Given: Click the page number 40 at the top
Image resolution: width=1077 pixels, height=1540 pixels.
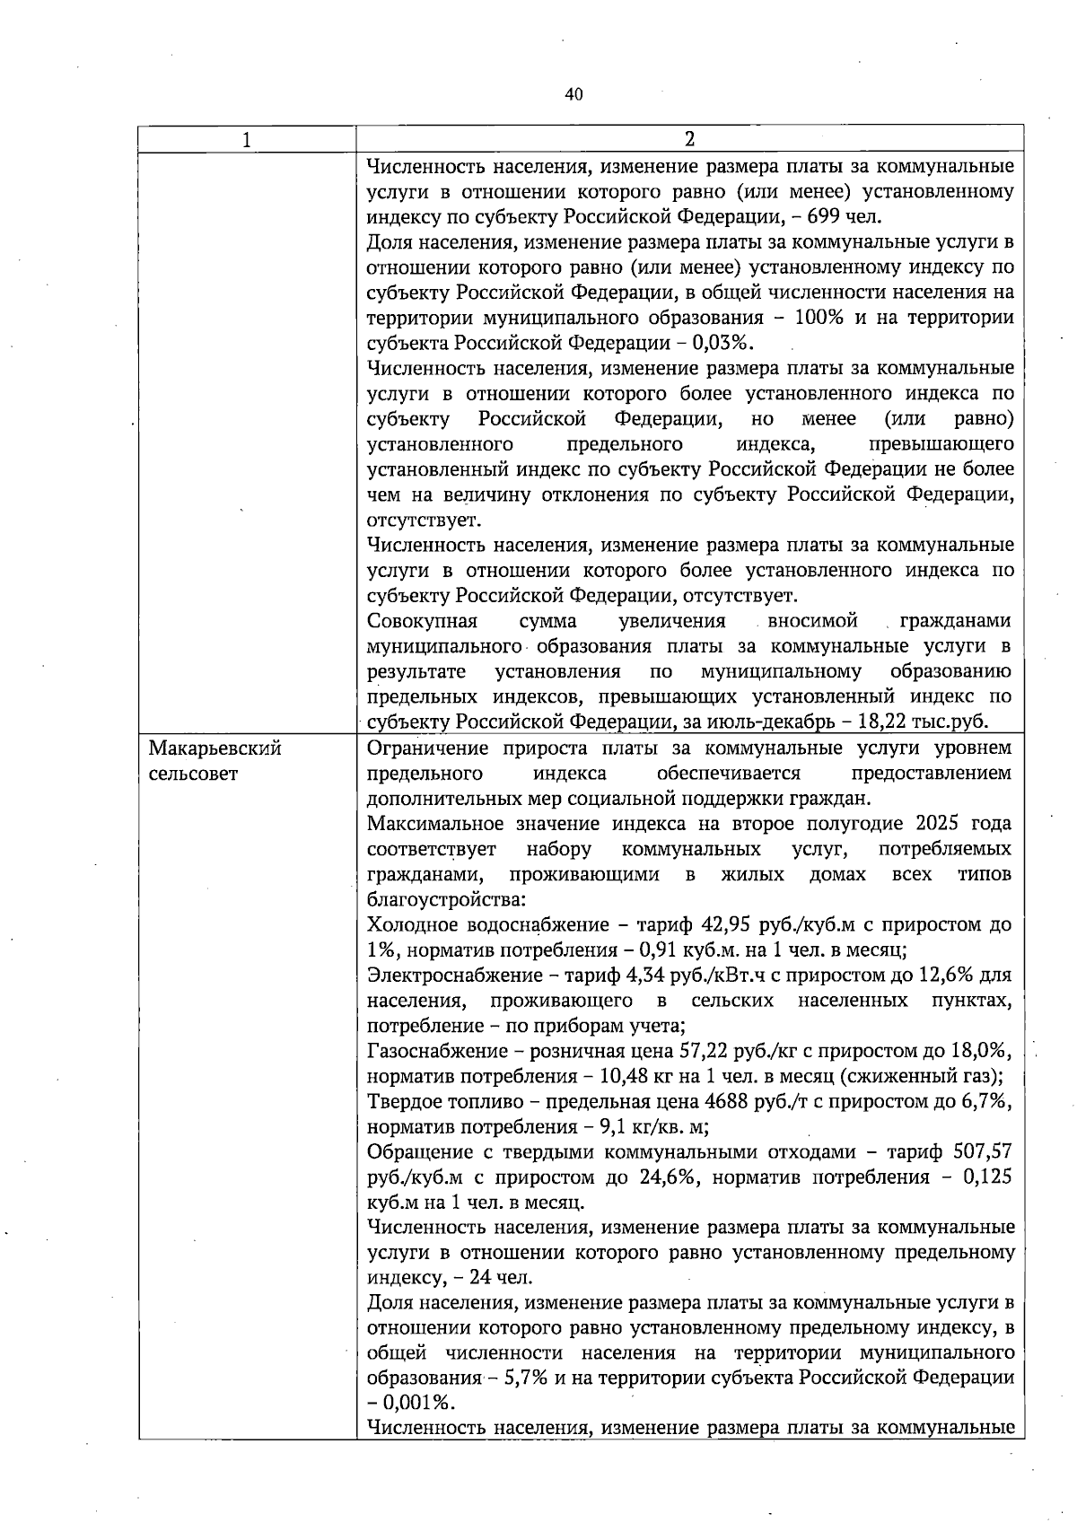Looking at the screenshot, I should coord(574,95).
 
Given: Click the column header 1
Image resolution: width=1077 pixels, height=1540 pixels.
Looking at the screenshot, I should coord(246,139).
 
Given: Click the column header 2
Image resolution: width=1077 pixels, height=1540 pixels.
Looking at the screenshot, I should coord(689,139).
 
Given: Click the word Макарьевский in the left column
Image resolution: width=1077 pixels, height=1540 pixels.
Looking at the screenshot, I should coord(215,748).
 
